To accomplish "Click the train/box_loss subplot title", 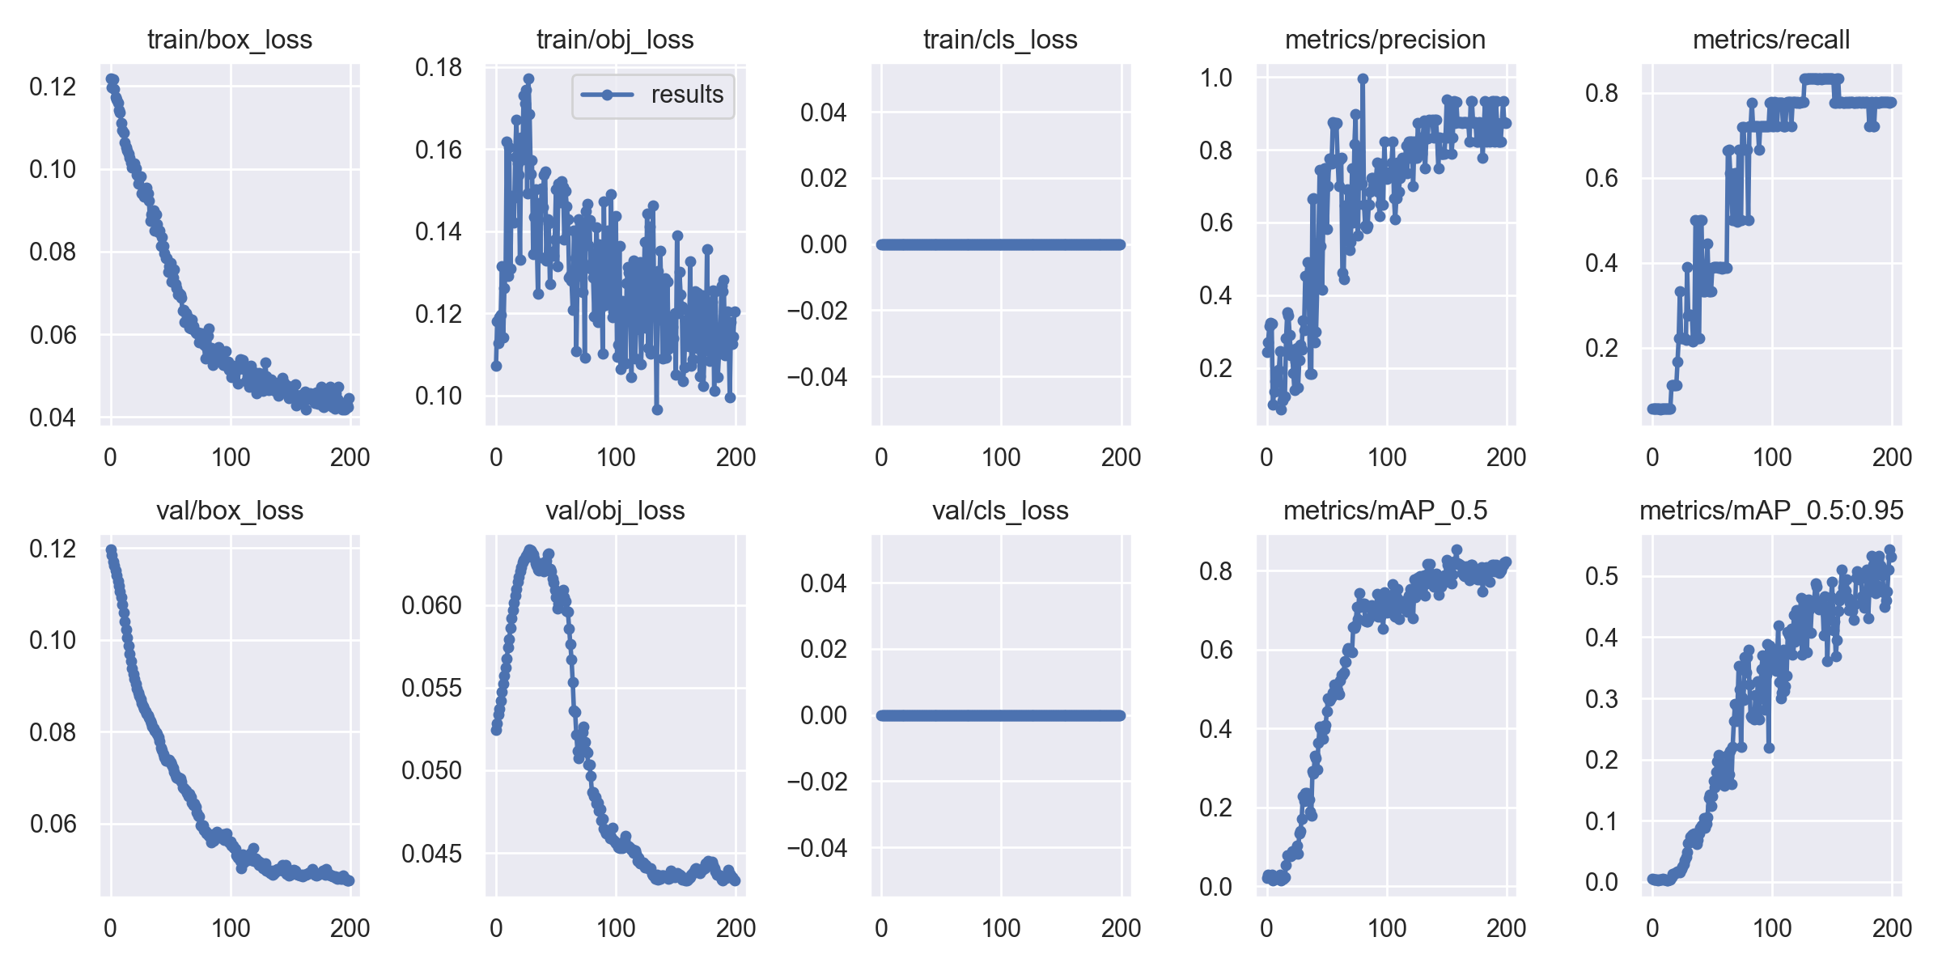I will pyautogui.click(x=230, y=40).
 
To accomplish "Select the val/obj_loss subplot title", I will pyautogui.click(x=615, y=511).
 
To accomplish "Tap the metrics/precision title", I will pyautogui.click(x=1385, y=40).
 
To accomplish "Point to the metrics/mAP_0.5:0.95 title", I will pyautogui.click(x=1771, y=511).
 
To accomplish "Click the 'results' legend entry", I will pyautogui.click(x=686, y=95).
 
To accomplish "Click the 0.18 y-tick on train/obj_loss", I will pyautogui.click(x=439, y=67).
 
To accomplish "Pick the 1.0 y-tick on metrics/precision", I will pyautogui.click(x=1215, y=78).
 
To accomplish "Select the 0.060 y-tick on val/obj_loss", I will pyautogui.click(x=431, y=605).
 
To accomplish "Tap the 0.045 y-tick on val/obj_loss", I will pyautogui.click(x=431, y=854).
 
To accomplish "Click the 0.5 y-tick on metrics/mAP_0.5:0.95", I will pyautogui.click(x=1601, y=576).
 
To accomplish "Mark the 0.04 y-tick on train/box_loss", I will pyautogui.click(x=53, y=418).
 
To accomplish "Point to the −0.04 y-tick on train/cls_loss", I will pyautogui.click(x=816, y=377).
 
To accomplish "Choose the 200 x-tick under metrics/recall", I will pyautogui.click(x=1892, y=457).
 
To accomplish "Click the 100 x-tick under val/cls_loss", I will pyautogui.click(x=1001, y=928).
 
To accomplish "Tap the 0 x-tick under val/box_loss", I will pyautogui.click(x=111, y=928).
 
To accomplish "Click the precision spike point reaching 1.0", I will pyautogui.click(x=1363, y=78).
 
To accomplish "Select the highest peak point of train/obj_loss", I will pyautogui.click(x=528, y=79).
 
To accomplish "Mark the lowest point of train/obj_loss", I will pyautogui.click(x=657, y=410).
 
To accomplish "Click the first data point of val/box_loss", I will pyautogui.click(x=111, y=549).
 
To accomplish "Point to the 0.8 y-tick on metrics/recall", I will pyautogui.click(x=1601, y=93).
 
